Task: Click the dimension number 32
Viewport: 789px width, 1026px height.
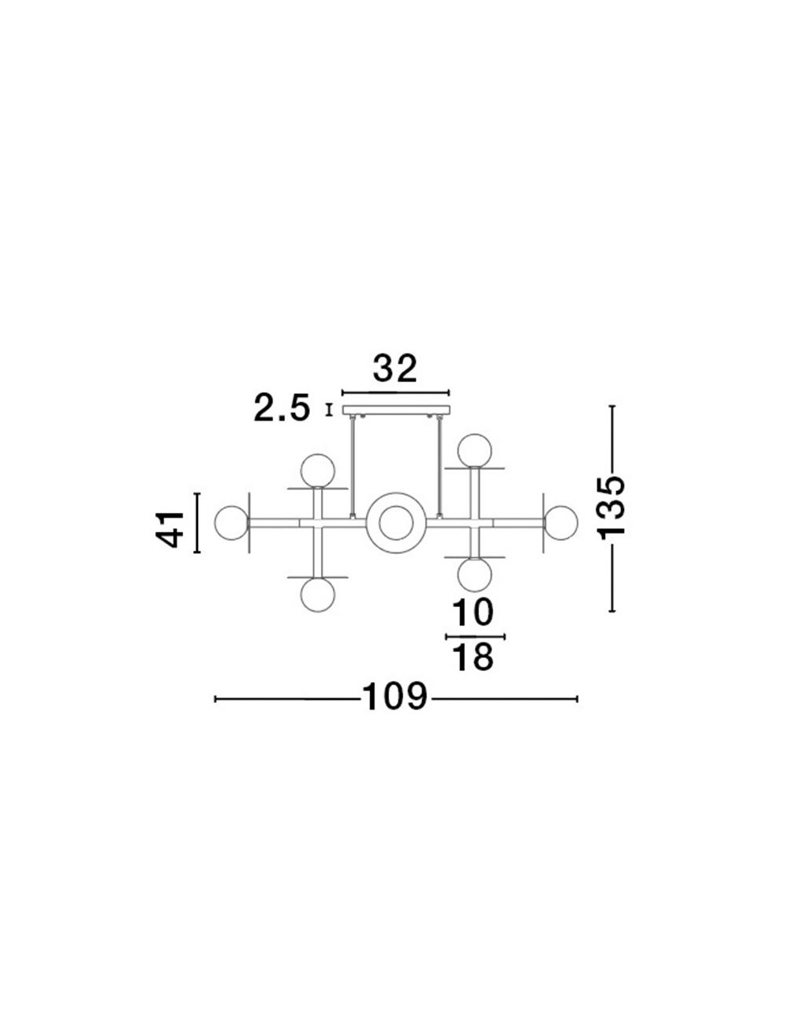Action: (395, 369)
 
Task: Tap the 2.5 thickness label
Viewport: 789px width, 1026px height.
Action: (282, 408)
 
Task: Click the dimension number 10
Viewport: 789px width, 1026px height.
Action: (473, 612)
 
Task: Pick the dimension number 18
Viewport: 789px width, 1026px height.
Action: (473, 657)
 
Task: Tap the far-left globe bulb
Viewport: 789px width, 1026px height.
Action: (231, 522)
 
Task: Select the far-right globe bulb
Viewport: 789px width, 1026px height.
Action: (561, 522)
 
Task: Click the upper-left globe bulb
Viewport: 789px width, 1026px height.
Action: (318, 470)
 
